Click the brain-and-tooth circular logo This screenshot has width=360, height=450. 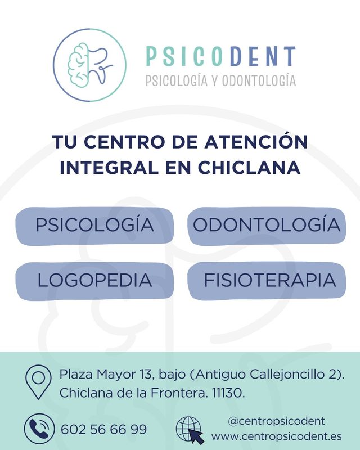click(x=90, y=65)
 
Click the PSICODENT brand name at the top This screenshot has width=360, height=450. click(x=220, y=56)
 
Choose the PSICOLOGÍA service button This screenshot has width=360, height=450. click(x=94, y=226)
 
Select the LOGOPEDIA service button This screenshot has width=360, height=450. click(x=94, y=280)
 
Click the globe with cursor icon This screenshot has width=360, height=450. click(x=190, y=430)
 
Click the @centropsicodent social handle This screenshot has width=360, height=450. click(x=276, y=421)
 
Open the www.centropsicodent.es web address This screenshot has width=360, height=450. click(x=276, y=436)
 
